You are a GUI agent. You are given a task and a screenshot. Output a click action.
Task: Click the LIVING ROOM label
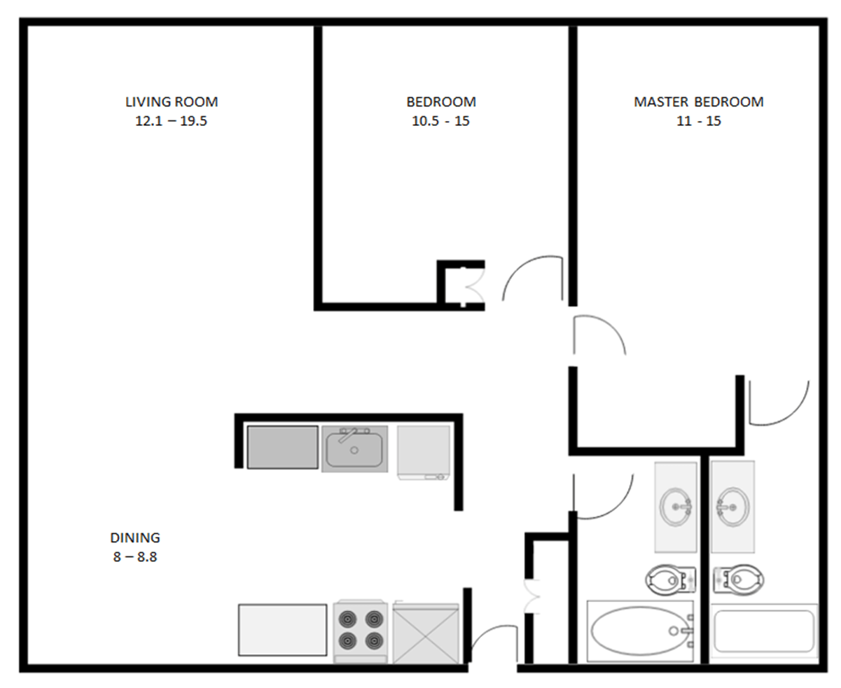point(172,101)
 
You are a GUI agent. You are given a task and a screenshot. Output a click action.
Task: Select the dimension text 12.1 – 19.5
point(172,120)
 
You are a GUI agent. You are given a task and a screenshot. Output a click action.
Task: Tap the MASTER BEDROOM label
point(698,101)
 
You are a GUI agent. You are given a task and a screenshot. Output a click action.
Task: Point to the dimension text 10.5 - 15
point(440,120)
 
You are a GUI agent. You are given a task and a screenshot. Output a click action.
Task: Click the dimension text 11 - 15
point(698,120)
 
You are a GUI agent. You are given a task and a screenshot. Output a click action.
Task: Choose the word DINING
point(135,538)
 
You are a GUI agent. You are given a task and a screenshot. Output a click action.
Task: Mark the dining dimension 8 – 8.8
point(135,557)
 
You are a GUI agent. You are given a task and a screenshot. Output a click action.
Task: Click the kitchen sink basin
point(354,450)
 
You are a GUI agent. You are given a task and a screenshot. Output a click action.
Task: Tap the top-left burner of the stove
point(348,619)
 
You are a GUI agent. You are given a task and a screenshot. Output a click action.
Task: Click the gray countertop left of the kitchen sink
point(282,447)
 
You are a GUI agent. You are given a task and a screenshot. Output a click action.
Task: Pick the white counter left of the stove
point(282,630)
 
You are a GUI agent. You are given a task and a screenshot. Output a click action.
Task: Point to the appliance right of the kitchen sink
point(424,452)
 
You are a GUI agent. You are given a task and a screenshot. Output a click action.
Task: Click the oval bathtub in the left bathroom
point(637,631)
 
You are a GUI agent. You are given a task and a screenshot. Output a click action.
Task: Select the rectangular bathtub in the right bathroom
point(763,631)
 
